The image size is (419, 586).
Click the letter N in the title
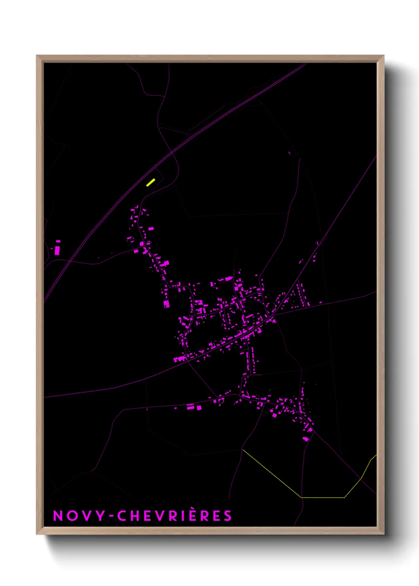pyautogui.click(x=58, y=516)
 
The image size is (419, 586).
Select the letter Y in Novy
pyautogui.click(x=101, y=516)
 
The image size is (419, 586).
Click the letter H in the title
pyautogui.click(x=136, y=516)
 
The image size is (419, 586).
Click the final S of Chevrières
pyautogui.click(x=227, y=516)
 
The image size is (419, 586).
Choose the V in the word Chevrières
pyautogui.click(x=163, y=516)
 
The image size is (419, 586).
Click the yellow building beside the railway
pyautogui.click(x=150, y=182)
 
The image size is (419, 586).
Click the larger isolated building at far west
pyautogui.click(x=57, y=250)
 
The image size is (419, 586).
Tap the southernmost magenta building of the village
pyautogui.click(x=305, y=439)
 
